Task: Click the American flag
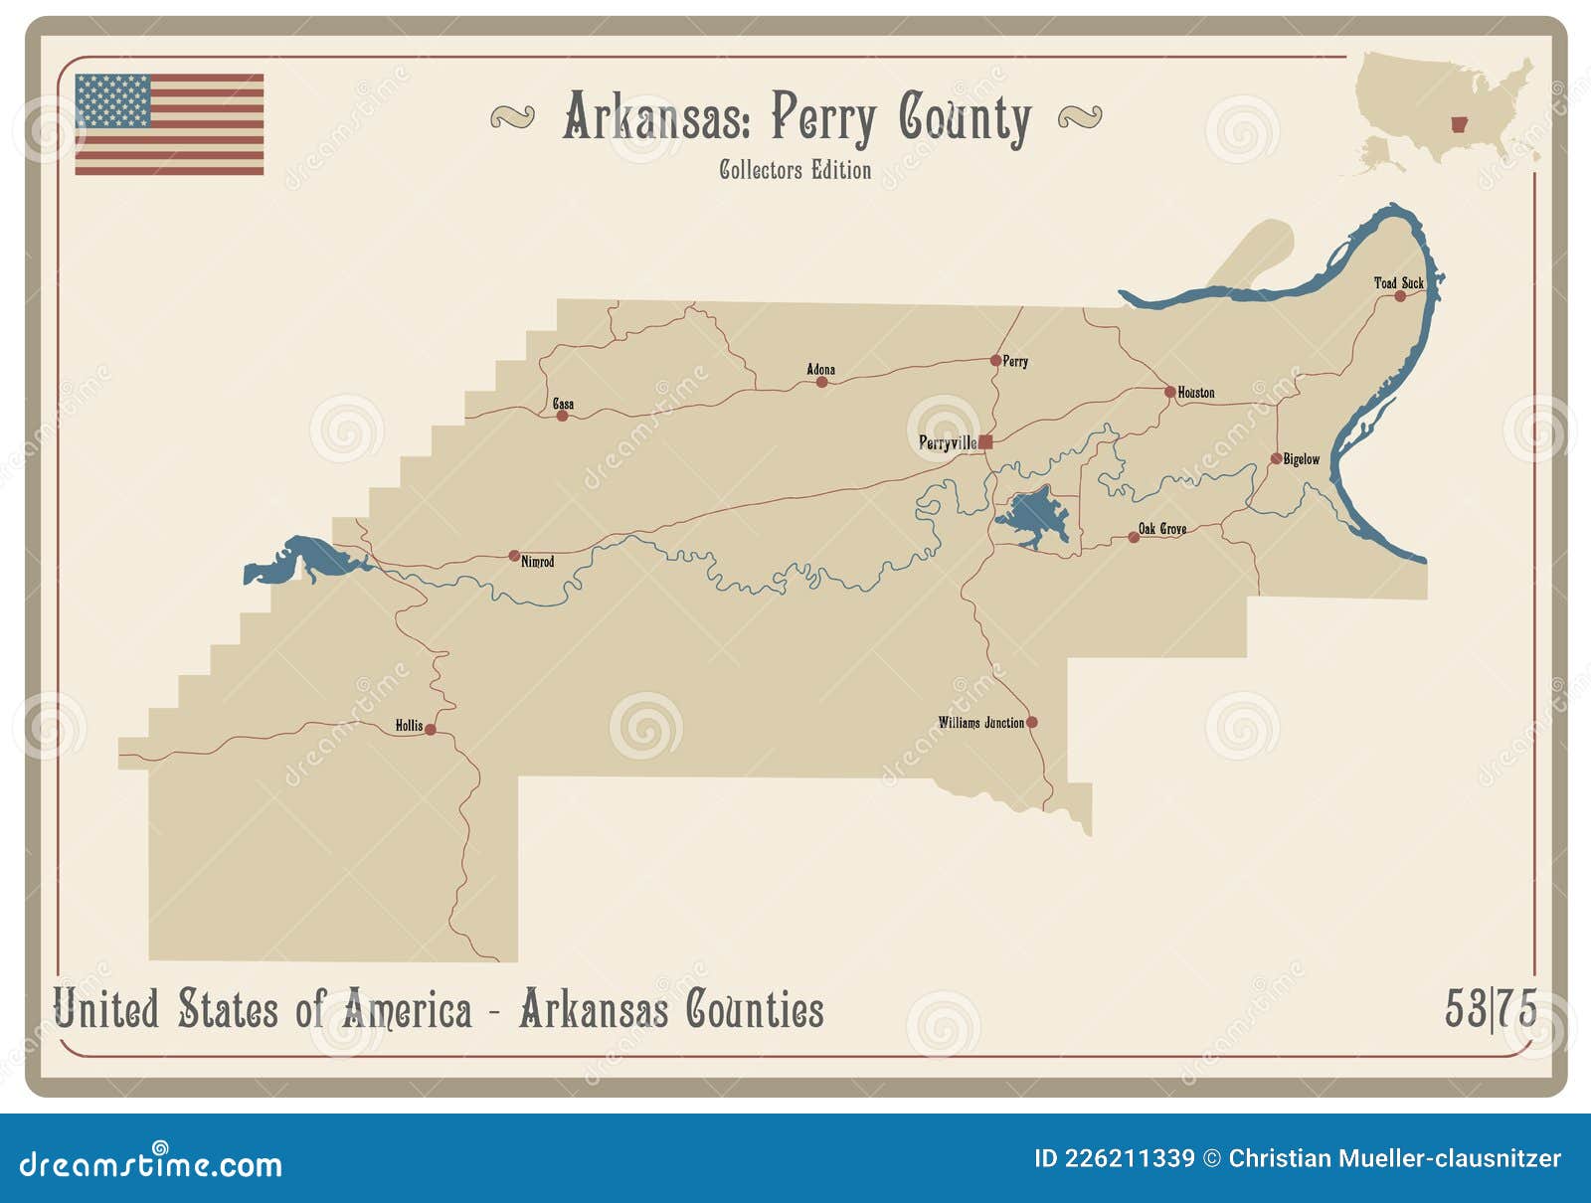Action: click(169, 124)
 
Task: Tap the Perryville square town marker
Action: click(985, 442)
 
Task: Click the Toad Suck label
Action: click(1398, 283)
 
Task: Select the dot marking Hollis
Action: click(431, 729)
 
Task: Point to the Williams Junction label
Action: click(980, 723)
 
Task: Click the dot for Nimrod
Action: click(514, 556)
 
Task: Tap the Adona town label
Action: click(820, 369)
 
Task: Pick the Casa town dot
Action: click(562, 416)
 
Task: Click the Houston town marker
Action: click(1169, 392)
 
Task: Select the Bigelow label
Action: click(1301, 459)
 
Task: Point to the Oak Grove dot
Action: click(1133, 537)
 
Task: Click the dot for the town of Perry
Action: click(995, 360)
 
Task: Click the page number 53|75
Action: click(1490, 1009)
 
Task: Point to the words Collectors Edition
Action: click(795, 170)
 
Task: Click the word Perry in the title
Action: click(823, 119)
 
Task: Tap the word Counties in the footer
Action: click(755, 1010)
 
